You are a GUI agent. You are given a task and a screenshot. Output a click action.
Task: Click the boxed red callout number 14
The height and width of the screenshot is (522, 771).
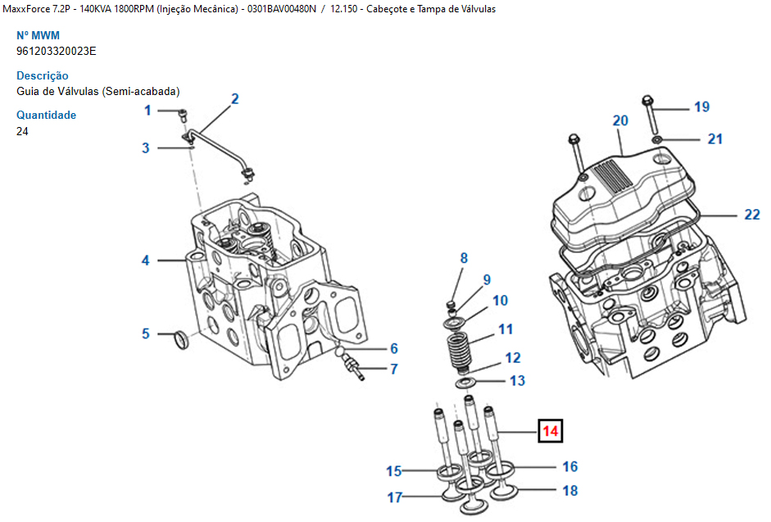tap(550, 430)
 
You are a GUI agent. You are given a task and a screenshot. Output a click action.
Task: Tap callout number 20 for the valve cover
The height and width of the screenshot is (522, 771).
tap(620, 120)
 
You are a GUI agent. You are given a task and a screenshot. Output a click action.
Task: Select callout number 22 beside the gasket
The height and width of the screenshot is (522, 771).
tap(751, 215)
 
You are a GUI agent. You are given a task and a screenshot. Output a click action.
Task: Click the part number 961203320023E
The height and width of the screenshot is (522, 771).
tap(57, 51)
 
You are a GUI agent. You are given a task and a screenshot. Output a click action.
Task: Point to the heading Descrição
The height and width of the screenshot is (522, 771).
tap(43, 75)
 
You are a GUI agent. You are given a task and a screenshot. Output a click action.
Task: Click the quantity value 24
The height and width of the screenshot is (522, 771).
tap(23, 131)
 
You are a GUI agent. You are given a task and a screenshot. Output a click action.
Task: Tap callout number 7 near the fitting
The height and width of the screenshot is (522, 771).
tap(393, 369)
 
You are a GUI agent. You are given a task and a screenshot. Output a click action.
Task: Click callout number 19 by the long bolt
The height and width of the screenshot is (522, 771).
tap(701, 107)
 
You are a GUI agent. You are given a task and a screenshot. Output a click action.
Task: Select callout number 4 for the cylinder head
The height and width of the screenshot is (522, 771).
tap(145, 261)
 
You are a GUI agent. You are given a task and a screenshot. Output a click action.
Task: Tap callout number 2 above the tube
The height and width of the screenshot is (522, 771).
tap(235, 99)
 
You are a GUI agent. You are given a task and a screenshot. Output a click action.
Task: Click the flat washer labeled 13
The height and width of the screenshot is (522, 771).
tap(465, 382)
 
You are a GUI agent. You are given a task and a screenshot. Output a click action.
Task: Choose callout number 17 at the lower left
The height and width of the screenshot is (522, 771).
tap(395, 497)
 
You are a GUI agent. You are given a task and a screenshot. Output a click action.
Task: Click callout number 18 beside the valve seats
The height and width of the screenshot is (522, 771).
tap(570, 490)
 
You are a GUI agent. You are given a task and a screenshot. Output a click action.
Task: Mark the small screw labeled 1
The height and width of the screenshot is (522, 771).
tap(184, 112)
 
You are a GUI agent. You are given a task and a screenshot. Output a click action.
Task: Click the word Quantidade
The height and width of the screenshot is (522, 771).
tap(46, 115)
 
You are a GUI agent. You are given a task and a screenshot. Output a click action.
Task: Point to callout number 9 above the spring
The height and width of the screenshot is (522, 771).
tap(487, 279)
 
